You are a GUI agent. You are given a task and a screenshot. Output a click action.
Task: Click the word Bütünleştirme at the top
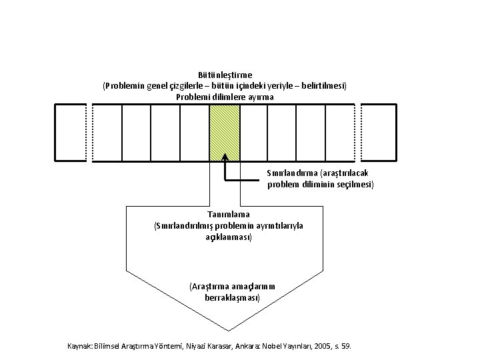point(225,75)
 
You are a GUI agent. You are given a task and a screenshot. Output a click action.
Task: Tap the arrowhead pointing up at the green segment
point(225,157)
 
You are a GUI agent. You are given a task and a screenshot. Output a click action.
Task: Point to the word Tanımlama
point(228,214)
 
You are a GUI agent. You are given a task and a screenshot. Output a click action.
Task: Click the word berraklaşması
point(232,297)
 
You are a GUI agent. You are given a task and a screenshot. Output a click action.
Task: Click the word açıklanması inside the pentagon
point(229,237)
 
